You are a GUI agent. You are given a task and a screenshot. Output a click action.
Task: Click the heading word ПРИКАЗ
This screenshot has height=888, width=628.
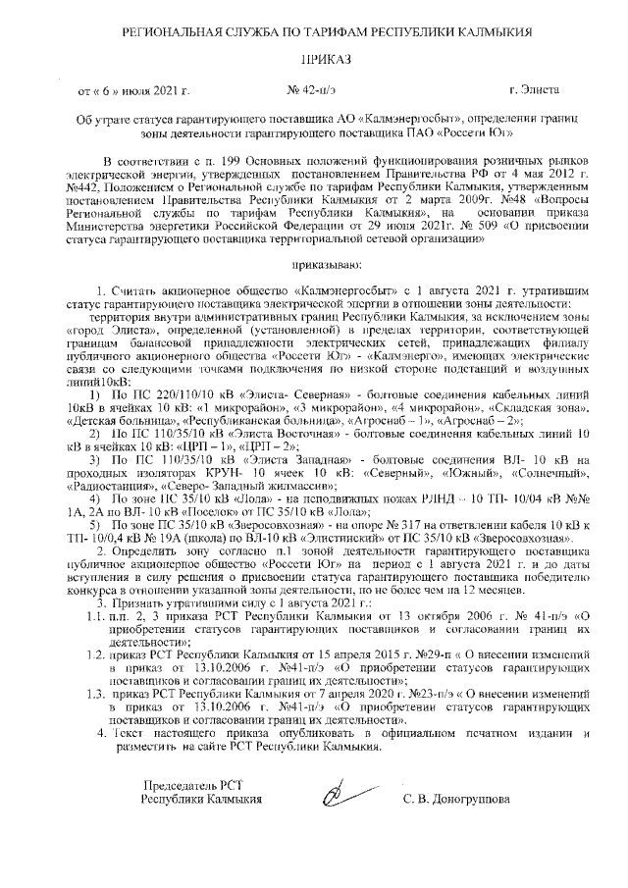(323, 60)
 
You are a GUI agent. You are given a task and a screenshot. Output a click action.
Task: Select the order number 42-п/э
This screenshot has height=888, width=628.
(310, 90)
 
